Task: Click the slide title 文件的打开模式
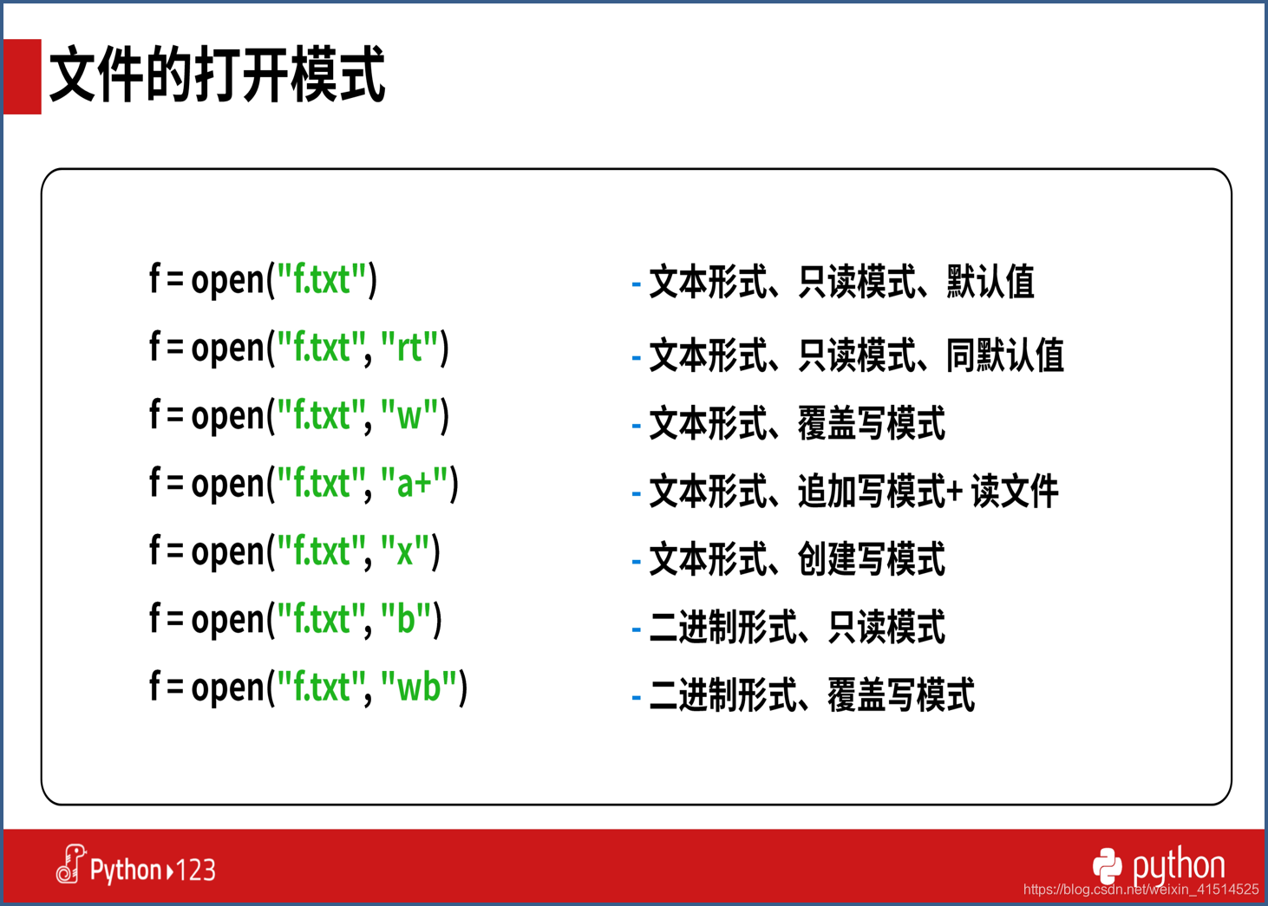pos(218,75)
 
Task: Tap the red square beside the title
pos(22,76)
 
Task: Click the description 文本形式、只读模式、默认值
pos(842,281)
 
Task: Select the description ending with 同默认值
pos(857,355)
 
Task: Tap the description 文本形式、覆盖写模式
pos(797,423)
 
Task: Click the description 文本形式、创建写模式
pos(797,558)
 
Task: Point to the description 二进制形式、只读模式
pos(797,627)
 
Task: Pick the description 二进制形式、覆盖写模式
pos(812,694)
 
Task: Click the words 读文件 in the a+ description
pos(1015,491)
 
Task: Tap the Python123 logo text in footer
pos(153,870)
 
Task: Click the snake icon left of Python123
pos(70,864)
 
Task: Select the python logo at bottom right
pos(1159,866)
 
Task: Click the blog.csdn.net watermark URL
pos(1141,890)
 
